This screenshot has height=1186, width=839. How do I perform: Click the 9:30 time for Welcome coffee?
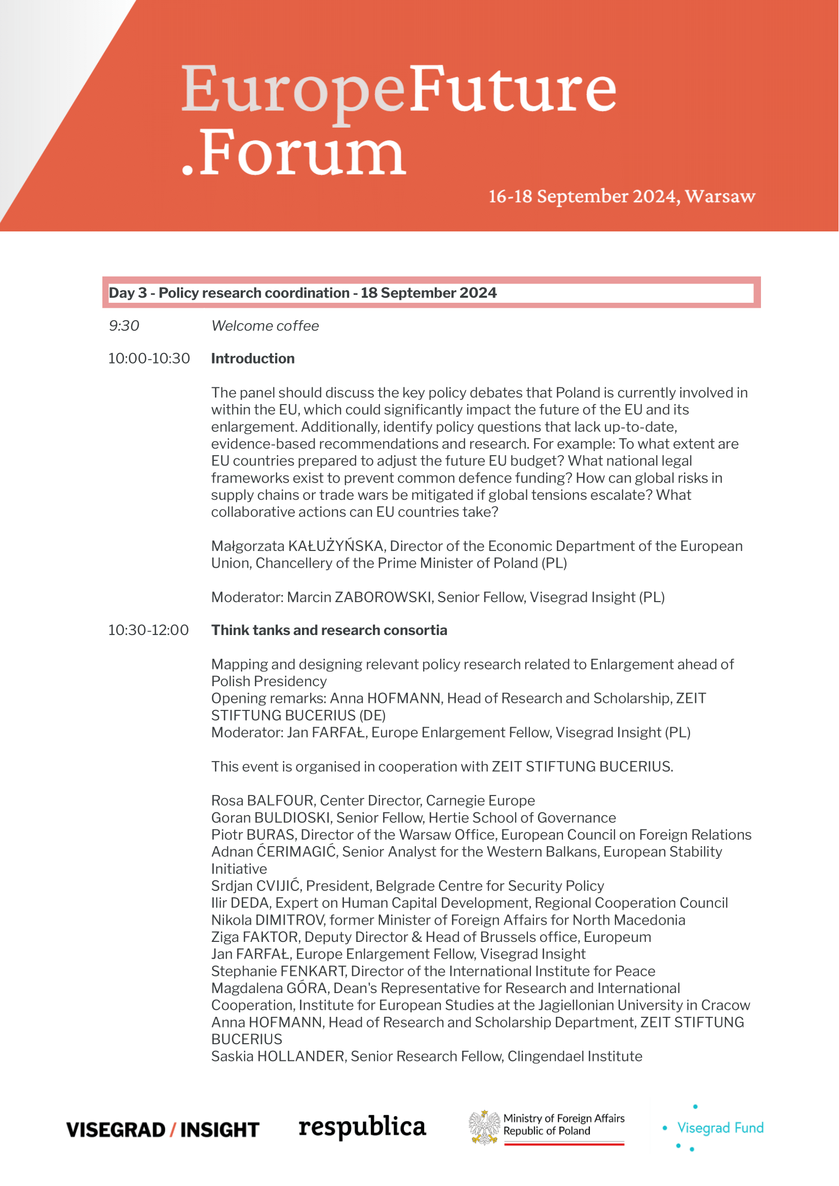(124, 326)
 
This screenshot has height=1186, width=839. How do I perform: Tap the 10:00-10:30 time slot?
(149, 359)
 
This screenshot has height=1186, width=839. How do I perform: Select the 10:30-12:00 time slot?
(148, 630)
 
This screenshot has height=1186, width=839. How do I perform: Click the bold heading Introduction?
(253, 359)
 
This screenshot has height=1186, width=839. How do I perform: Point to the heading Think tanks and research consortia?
(329, 630)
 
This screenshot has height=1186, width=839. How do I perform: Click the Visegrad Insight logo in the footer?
(163, 1130)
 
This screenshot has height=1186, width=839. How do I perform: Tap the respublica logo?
(362, 1127)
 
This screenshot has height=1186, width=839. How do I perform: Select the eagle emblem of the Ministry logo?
(484, 1128)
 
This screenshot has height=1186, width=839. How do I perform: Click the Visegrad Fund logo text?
(720, 1128)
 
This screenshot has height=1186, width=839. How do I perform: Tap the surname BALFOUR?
(281, 801)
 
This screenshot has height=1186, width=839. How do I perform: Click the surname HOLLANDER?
(301, 1056)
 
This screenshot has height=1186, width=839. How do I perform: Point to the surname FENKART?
(314, 971)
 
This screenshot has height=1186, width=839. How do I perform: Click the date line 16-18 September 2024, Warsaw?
(622, 197)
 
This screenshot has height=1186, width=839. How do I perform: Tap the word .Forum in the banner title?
(294, 153)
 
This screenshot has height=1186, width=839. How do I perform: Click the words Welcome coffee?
(265, 326)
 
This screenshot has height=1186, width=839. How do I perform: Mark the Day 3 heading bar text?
(302, 293)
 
